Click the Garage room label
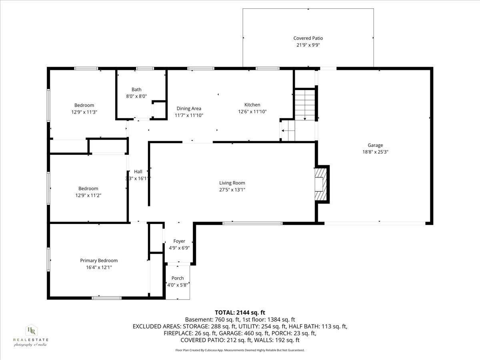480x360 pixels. click(375, 145)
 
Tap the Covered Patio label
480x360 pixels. click(308, 38)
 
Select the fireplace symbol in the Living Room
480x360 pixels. click(321, 184)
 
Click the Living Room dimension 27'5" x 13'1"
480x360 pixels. click(232, 190)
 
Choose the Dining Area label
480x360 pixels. click(189, 108)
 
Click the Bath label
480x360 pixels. click(136, 90)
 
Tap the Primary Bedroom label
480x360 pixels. click(99, 260)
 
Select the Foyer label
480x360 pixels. click(179, 241)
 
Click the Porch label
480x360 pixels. click(178, 278)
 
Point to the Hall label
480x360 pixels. click(138, 172)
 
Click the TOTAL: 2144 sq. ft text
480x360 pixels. click(240, 312)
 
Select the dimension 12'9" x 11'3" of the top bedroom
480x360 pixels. click(84, 112)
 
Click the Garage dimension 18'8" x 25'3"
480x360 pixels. click(375, 152)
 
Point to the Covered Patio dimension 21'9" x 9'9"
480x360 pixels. click(308, 45)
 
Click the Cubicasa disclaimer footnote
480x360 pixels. click(240, 350)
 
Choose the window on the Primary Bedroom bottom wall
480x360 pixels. click(106, 298)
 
